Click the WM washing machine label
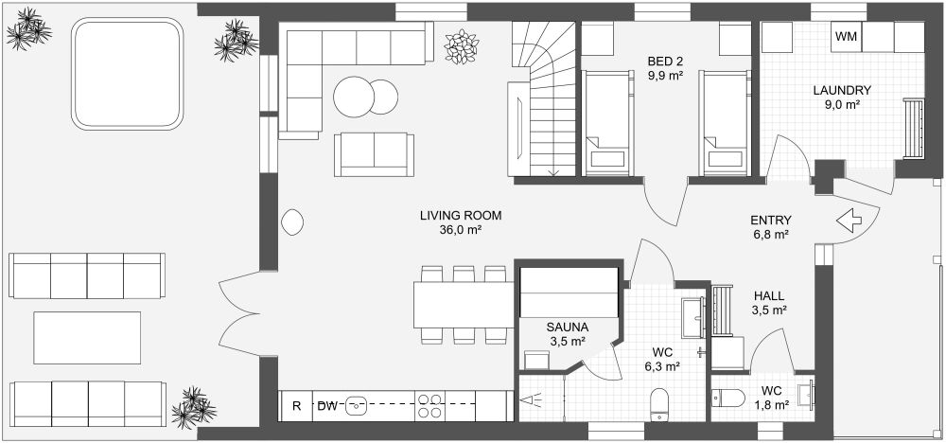pyautogui.click(x=846, y=38)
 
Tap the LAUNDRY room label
pyautogui.click(x=841, y=91)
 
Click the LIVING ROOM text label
pyautogui.click(x=461, y=216)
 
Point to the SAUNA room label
pyautogui.click(x=568, y=328)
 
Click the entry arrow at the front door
pyautogui.click(x=852, y=220)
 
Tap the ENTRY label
pyautogui.click(x=771, y=219)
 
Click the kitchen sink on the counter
pyautogui.click(x=357, y=405)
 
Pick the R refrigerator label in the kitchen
pyautogui.click(x=296, y=406)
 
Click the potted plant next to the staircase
pyautogui.click(x=463, y=46)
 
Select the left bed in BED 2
pyautogui.click(x=606, y=123)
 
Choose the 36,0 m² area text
pyautogui.click(x=460, y=230)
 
